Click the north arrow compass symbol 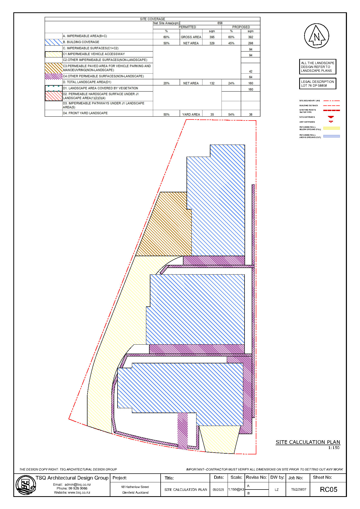[x=316, y=36]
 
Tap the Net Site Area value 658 [x=220, y=23]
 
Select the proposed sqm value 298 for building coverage [x=250, y=43]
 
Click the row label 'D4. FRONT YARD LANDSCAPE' [x=85, y=113]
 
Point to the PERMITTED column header [x=187, y=27]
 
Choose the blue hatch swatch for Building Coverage [x=53, y=42]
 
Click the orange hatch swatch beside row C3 [x=53, y=68]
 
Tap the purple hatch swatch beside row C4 [x=53, y=76]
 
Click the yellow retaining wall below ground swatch [x=331, y=128]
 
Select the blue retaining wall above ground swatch [x=331, y=136]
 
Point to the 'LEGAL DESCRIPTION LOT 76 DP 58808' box [x=317, y=84]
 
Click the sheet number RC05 [x=328, y=490]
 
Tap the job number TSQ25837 [x=298, y=490]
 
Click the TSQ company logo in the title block [x=25, y=485]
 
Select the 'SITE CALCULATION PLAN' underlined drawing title [x=308, y=442]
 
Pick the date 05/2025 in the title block [x=218, y=490]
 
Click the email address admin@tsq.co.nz [x=77, y=485]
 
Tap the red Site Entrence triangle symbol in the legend [x=331, y=117]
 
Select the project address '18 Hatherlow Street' [x=135, y=487]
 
